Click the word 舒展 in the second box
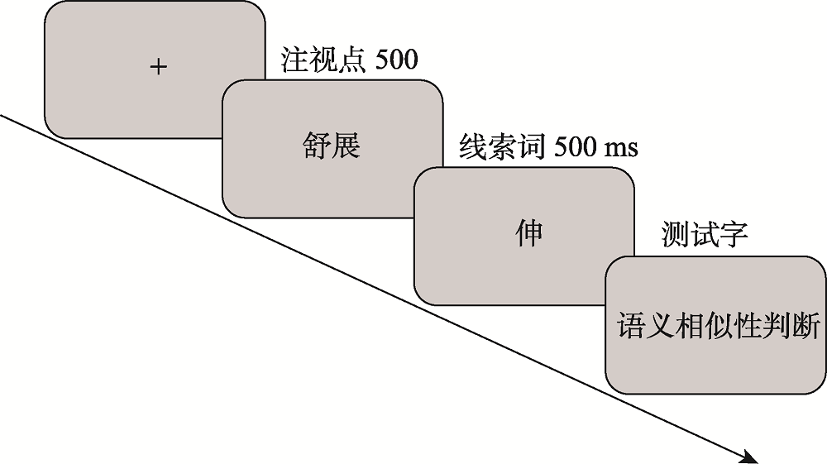click(331, 147)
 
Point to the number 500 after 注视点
click(397, 61)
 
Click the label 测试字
click(705, 235)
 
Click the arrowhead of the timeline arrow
click(748, 455)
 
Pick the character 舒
click(315, 147)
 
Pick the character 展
click(347, 147)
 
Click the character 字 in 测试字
click(734, 235)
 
